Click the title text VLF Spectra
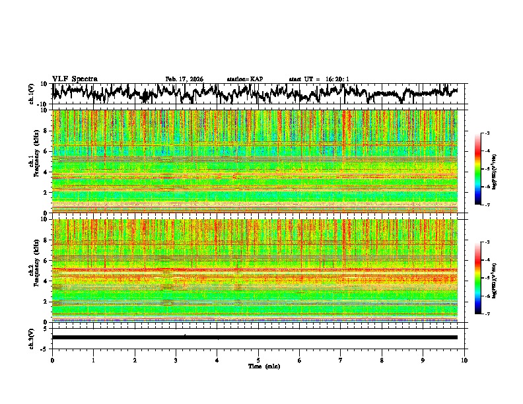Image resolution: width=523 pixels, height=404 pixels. coord(75,79)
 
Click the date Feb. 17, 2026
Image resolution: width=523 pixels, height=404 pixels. coord(184,79)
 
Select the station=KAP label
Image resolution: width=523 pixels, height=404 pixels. coord(245,79)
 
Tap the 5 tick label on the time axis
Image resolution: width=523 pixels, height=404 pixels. coord(258,360)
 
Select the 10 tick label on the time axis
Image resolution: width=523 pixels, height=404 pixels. coord(464,360)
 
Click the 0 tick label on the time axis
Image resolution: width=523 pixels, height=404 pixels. coord(52,360)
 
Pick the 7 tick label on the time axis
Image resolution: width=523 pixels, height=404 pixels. coord(341,360)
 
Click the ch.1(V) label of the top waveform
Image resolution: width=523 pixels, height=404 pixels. coord(32,94)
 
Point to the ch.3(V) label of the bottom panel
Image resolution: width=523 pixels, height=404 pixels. coord(32,337)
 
